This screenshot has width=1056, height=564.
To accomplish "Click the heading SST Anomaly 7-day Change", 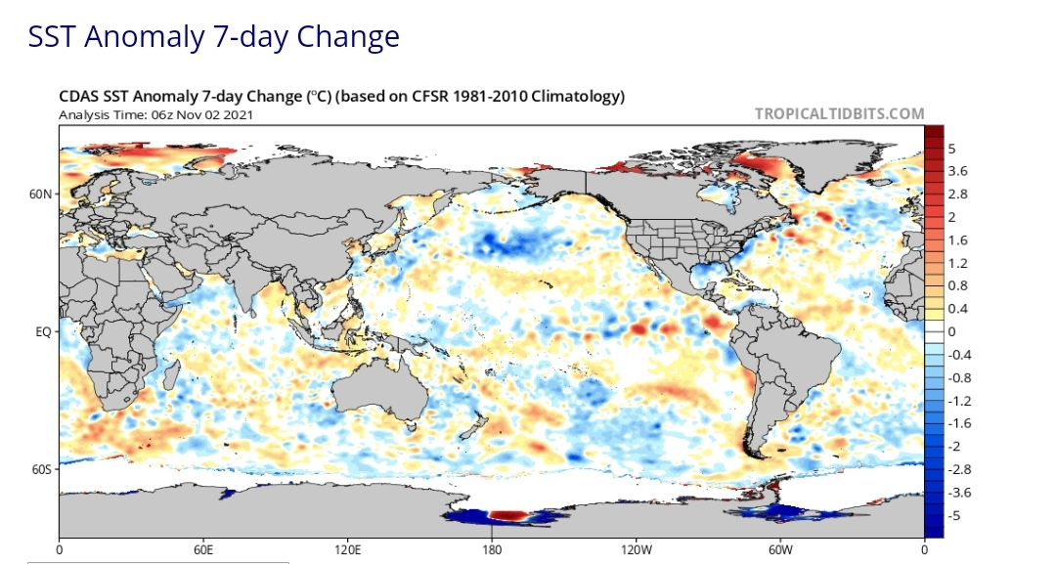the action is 213,37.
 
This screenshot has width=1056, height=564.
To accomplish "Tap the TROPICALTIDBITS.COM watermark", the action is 839,113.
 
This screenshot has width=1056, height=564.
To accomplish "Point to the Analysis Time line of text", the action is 156,114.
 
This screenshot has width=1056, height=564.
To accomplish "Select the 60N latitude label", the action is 40,194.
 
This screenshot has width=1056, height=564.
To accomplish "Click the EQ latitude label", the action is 43,331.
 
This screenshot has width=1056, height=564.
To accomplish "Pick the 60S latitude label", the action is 40,469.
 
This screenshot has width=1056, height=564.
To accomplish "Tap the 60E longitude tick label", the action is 203,550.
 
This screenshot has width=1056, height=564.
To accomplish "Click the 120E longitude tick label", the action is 347,550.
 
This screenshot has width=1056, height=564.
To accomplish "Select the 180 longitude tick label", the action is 492,550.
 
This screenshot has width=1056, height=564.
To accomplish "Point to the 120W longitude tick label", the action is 636,550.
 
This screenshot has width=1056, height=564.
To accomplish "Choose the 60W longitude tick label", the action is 780,550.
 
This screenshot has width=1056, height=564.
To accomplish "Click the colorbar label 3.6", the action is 957,171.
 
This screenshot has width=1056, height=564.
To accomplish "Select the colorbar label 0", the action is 951,331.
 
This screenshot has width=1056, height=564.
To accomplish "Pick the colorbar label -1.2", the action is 960,401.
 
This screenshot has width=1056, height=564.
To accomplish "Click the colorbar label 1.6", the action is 957,240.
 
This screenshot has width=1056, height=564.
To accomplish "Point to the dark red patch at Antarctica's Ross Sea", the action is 509,515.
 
